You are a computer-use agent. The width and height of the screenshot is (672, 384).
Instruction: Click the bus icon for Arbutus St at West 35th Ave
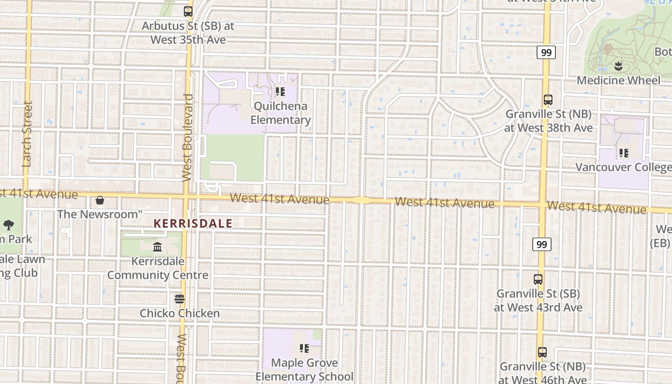[x=188, y=12]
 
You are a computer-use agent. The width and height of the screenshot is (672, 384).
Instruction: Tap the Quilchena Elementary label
[x=280, y=113]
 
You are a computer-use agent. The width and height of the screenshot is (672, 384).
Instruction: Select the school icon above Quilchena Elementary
[x=280, y=91]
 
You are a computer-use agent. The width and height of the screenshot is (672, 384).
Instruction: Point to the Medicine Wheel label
[x=618, y=80]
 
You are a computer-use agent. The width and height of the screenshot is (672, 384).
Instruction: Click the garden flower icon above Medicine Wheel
[x=618, y=66]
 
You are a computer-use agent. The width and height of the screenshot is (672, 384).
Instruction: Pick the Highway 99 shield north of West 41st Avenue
[x=546, y=52]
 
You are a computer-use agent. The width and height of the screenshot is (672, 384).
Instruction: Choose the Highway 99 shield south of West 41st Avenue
[x=541, y=244]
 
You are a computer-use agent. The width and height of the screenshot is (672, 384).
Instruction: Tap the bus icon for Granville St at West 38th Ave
[x=548, y=100]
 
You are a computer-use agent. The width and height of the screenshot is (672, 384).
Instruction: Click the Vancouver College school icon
[x=624, y=153]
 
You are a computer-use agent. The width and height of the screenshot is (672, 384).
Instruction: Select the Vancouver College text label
[x=623, y=167]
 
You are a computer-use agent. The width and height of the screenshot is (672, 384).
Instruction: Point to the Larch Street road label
[x=27, y=134]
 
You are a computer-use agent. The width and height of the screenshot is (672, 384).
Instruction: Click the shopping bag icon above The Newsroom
[x=100, y=200]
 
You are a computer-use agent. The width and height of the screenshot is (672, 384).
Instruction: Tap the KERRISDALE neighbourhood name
[x=193, y=223]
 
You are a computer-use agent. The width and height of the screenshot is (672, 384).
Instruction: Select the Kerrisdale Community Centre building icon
[x=157, y=247]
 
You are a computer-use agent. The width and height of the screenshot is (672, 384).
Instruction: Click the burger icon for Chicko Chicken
[x=180, y=299]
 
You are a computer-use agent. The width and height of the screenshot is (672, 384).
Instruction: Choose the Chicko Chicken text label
[x=180, y=313]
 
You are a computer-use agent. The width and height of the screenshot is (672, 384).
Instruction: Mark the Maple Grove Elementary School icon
[x=304, y=348]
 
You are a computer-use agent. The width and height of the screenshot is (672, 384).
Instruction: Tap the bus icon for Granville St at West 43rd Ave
[x=538, y=279]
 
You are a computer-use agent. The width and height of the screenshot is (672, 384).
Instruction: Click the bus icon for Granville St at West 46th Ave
[x=542, y=352]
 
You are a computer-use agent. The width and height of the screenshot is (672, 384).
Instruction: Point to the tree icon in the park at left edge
[x=8, y=225]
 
